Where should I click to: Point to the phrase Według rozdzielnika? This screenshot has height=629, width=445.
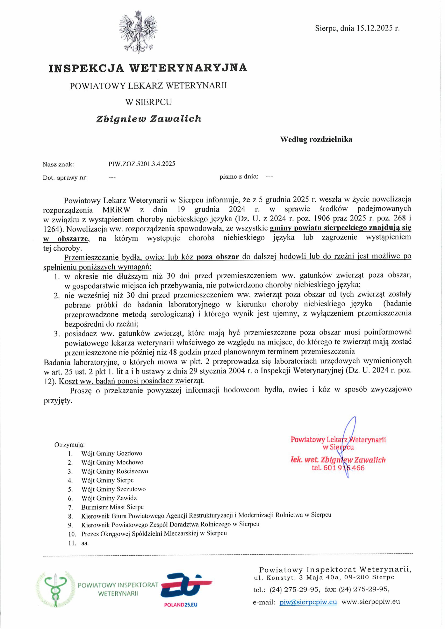click(x=316, y=139)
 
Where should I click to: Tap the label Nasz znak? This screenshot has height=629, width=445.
click(x=58, y=165)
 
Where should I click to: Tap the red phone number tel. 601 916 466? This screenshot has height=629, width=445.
click(x=338, y=468)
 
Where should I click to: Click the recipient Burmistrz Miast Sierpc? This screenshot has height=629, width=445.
click(x=112, y=507)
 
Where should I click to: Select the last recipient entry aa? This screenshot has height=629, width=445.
click(x=85, y=543)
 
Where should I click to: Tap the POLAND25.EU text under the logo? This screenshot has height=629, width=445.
click(x=181, y=605)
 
